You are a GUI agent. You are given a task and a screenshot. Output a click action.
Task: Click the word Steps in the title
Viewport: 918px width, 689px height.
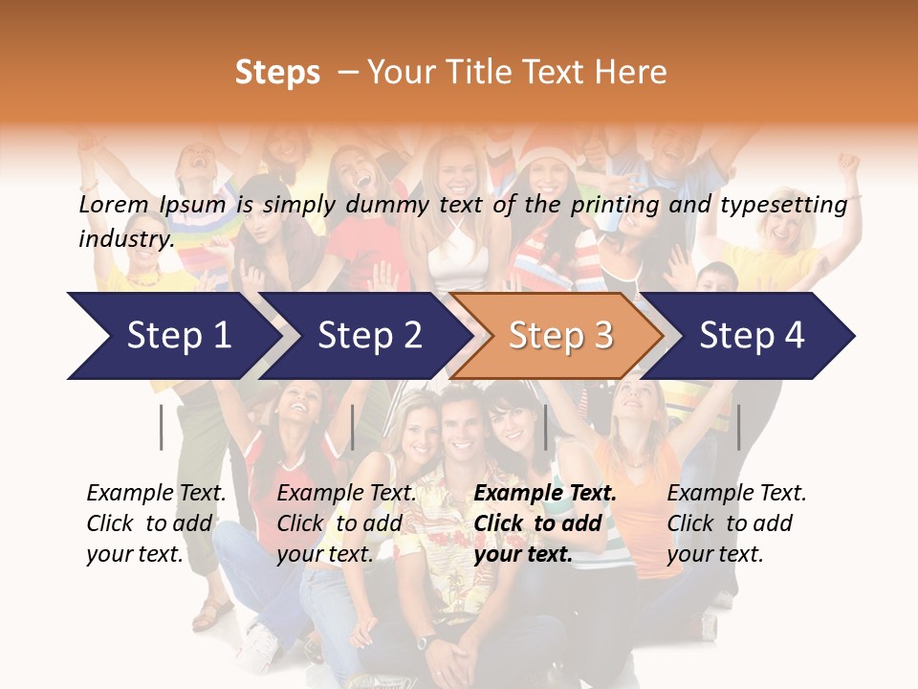[x=277, y=73]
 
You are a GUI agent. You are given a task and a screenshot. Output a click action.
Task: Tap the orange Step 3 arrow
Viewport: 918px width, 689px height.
[x=560, y=336]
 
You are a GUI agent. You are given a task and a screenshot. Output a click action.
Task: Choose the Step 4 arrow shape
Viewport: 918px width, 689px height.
[x=752, y=336]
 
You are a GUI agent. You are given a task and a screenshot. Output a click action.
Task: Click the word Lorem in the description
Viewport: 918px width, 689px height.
[x=113, y=205]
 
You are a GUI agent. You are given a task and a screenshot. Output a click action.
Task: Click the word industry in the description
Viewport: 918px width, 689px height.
[x=126, y=239]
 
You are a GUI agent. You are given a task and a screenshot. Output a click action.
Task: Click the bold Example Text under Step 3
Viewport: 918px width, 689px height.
[x=545, y=494]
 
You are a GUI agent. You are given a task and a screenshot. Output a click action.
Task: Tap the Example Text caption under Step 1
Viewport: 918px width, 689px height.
[x=156, y=494]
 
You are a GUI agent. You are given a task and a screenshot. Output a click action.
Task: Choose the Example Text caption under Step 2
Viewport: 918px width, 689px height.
[x=346, y=494]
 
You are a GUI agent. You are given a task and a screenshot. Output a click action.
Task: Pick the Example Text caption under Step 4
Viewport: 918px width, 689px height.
[x=736, y=494]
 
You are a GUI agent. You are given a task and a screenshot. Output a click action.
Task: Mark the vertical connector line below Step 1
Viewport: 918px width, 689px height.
[x=162, y=427]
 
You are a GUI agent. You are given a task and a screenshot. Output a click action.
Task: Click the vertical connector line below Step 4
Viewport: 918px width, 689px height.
[x=738, y=427]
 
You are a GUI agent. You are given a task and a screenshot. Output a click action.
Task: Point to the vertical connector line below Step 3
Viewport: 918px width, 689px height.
[x=545, y=427]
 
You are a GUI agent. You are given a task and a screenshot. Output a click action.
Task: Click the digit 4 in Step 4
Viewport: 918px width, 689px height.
[x=794, y=336]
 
